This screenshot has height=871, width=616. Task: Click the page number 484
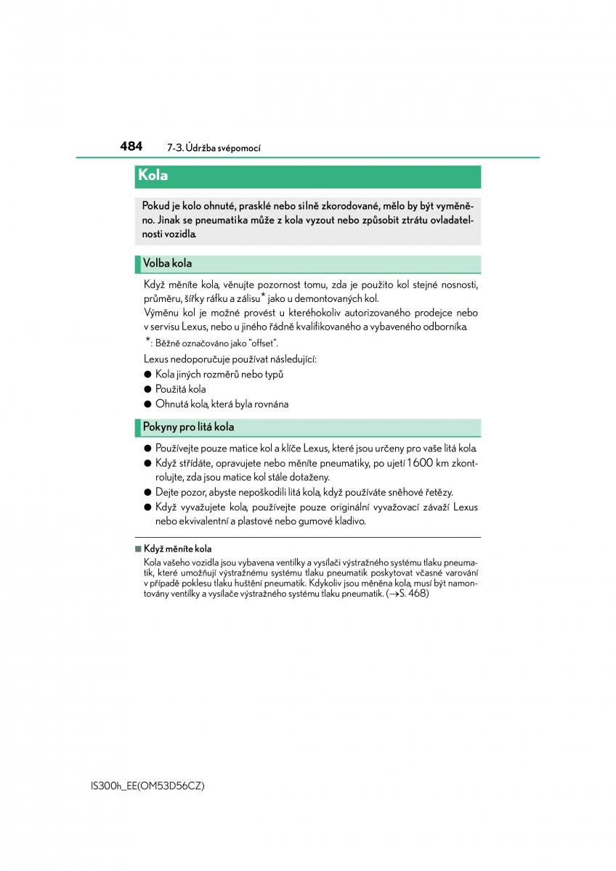click(x=131, y=146)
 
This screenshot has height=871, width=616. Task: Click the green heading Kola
click(x=153, y=176)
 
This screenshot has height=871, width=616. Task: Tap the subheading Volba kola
click(x=168, y=263)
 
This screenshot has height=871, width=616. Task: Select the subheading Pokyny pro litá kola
click(x=188, y=427)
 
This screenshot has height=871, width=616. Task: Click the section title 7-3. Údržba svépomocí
click(x=214, y=148)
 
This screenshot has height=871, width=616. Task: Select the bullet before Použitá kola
click(x=147, y=389)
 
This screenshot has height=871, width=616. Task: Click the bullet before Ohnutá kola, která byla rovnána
click(x=147, y=404)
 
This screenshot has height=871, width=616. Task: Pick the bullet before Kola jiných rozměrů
click(x=147, y=375)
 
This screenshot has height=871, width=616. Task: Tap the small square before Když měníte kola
click(x=137, y=549)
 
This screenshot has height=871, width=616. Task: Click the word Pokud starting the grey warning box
click(x=156, y=205)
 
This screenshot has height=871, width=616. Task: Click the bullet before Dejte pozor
click(x=147, y=492)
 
